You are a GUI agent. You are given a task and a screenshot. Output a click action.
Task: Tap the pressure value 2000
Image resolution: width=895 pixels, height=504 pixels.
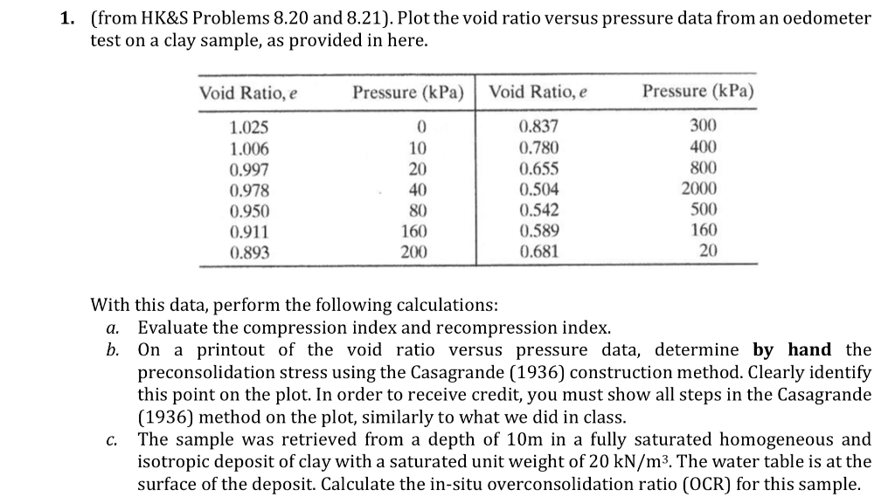click(x=699, y=190)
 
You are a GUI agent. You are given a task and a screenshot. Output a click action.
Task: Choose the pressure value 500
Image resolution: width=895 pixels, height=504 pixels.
click(x=703, y=211)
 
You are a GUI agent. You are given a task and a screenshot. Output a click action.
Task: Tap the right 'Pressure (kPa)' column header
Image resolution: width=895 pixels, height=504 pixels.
click(x=698, y=92)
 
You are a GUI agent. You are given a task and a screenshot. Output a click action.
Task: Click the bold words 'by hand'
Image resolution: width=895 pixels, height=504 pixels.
click(x=793, y=350)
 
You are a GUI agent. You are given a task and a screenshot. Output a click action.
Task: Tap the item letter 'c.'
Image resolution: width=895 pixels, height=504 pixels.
click(x=113, y=439)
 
